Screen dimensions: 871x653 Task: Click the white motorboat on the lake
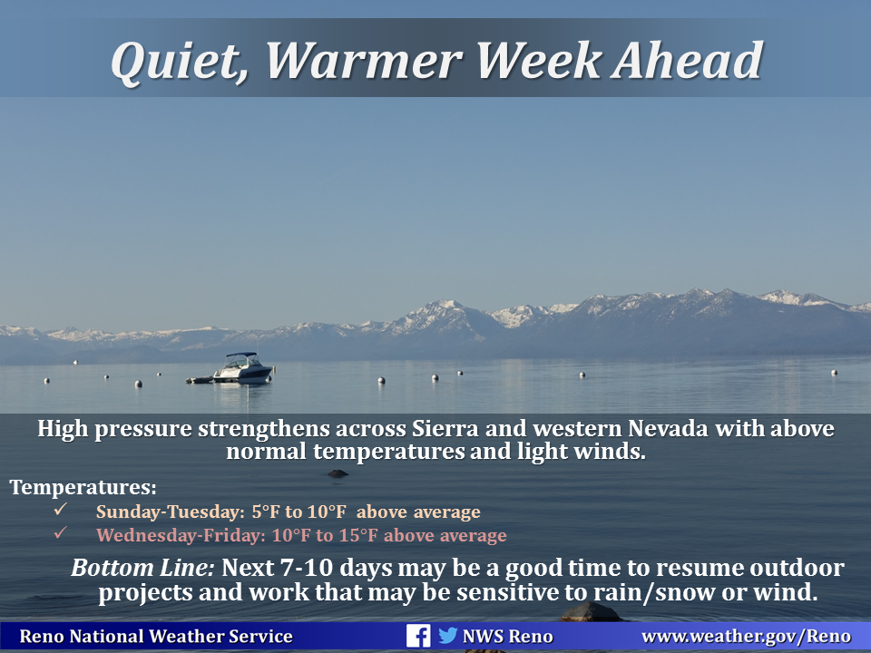pos(243,368)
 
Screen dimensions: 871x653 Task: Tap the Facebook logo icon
pos(417,636)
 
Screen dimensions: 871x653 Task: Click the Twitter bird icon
pos(447,635)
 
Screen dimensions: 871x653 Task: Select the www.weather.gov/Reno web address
pos(746,637)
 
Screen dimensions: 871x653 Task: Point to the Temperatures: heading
pos(83,487)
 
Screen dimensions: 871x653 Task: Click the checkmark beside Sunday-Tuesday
pos(61,509)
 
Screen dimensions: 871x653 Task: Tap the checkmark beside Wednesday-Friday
pos(61,532)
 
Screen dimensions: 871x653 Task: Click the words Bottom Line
pos(142,568)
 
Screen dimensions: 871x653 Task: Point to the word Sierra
pos(445,429)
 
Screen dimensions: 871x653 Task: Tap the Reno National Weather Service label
pos(156,637)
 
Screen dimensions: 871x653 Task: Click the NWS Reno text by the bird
pos(508,637)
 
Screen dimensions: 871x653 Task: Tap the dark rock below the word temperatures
pos(338,473)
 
